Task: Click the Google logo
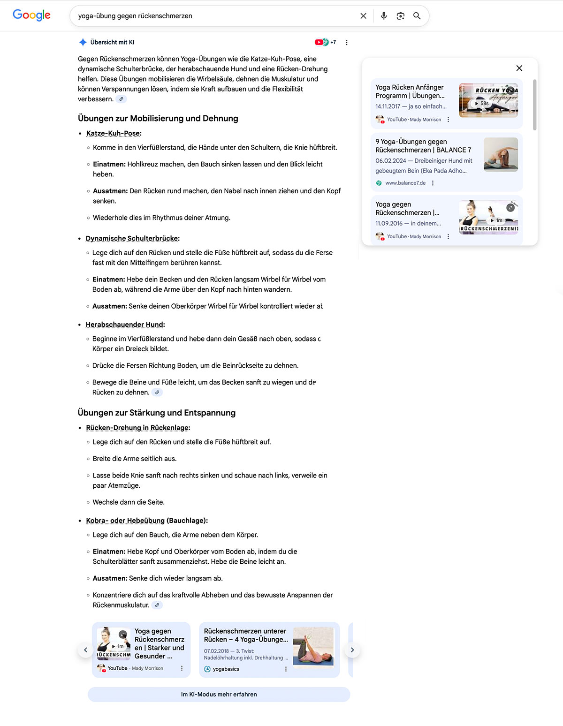pos(31,15)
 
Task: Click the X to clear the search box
pos(363,16)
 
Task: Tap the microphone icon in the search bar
pos(384,16)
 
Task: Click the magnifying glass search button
pos(417,16)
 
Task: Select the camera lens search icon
pos(400,16)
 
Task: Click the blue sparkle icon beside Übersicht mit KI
pos(83,42)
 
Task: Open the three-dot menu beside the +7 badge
pos(347,43)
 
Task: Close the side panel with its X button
pos(519,68)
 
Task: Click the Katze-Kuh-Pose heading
pos(114,133)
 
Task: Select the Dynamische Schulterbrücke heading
pos(132,238)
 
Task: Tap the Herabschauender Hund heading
pos(125,325)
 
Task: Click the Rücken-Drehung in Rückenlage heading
pos(138,428)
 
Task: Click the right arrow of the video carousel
pos(352,650)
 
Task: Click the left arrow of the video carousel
pos(85,650)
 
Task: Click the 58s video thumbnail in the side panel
pos(488,100)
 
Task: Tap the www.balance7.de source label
pos(405,183)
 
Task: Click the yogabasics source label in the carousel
pos(226,669)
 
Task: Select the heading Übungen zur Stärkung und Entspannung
pos(157,413)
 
